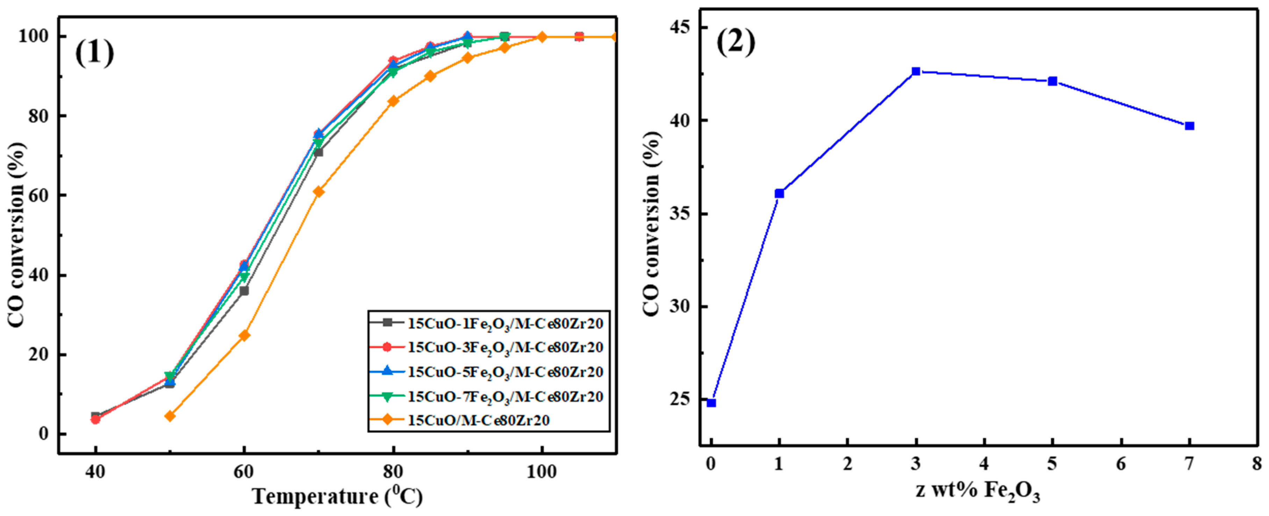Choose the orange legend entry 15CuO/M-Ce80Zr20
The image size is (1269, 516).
pos(478,420)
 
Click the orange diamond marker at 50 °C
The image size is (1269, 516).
pos(170,416)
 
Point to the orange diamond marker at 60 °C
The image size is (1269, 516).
pos(244,336)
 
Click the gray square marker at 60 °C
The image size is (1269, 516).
pos(244,291)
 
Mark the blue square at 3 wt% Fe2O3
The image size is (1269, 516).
pos(916,71)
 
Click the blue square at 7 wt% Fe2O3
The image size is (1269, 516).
pos(1190,126)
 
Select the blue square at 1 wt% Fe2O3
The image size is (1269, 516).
pos(779,194)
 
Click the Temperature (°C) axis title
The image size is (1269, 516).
pos(337,496)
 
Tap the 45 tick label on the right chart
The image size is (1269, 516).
pos(680,27)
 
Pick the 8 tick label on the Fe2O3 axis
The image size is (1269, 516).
pos(1257,464)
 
